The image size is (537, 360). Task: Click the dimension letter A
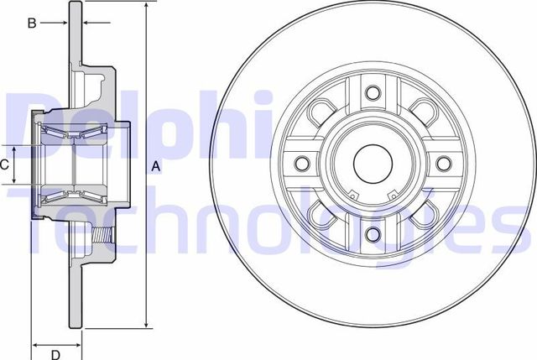click(155, 167)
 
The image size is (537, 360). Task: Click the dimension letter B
click(32, 23)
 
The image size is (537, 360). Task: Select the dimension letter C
click(4, 164)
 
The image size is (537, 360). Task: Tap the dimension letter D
click(55, 354)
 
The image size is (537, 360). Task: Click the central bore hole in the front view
click(373, 162)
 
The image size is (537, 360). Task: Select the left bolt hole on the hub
click(304, 162)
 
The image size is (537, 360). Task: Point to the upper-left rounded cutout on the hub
click(321, 112)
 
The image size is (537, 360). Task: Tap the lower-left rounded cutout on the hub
click(321, 214)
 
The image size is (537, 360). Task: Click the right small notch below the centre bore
click(391, 197)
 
